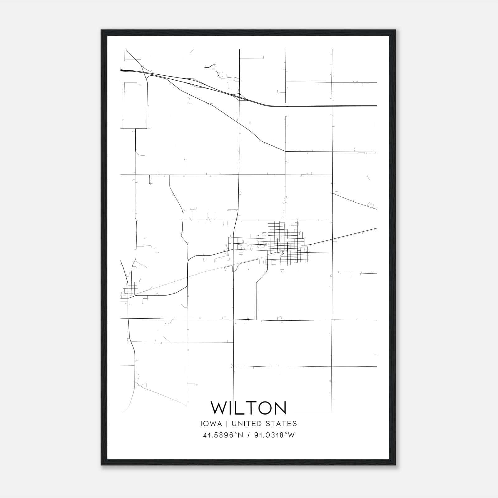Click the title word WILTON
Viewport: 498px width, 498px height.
tap(248, 408)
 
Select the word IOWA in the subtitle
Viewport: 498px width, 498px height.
tap(211, 424)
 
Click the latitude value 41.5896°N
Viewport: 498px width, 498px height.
tap(222, 435)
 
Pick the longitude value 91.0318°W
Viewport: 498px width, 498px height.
tap(274, 435)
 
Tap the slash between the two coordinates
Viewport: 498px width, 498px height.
tap(248, 435)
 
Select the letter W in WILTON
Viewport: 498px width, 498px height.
tap(220, 408)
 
